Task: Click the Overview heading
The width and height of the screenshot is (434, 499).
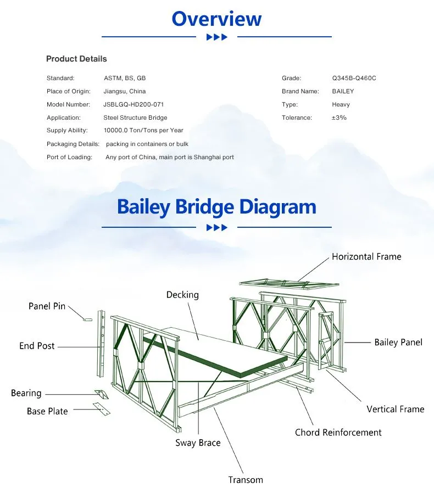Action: click(x=216, y=19)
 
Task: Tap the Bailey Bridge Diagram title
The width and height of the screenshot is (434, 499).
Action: click(x=216, y=207)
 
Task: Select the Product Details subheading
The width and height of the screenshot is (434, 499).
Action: click(x=76, y=59)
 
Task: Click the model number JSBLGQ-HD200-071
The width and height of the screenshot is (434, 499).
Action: click(x=133, y=104)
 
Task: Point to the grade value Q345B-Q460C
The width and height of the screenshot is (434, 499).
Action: click(x=354, y=78)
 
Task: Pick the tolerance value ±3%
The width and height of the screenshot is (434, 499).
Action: click(x=339, y=117)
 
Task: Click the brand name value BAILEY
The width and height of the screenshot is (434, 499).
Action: click(x=343, y=91)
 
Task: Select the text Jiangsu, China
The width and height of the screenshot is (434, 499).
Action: click(x=125, y=91)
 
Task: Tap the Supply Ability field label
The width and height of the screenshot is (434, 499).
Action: click(x=67, y=130)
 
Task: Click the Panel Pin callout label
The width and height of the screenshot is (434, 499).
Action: click(x=47, y=306)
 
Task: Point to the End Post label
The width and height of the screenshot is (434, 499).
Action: click(x=37, y=346)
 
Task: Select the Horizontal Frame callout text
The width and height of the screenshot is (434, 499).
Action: click(x=366, y=256)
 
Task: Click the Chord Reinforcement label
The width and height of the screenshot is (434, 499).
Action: click(x=338, y=433)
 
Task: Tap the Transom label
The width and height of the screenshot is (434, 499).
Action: click(x=246, y=480)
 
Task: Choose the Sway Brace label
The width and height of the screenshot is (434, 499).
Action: click(x=198, y=442)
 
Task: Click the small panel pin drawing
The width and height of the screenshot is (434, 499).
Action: click(x=87, y=319)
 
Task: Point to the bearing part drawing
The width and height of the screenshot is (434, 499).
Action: click(x=102, y=394)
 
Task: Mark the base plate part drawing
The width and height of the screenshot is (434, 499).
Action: click(x=102, y=409)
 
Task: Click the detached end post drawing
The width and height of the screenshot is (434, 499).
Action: click(x=101, y=344)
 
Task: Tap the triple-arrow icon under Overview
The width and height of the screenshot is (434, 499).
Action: click(x=217, y=37)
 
